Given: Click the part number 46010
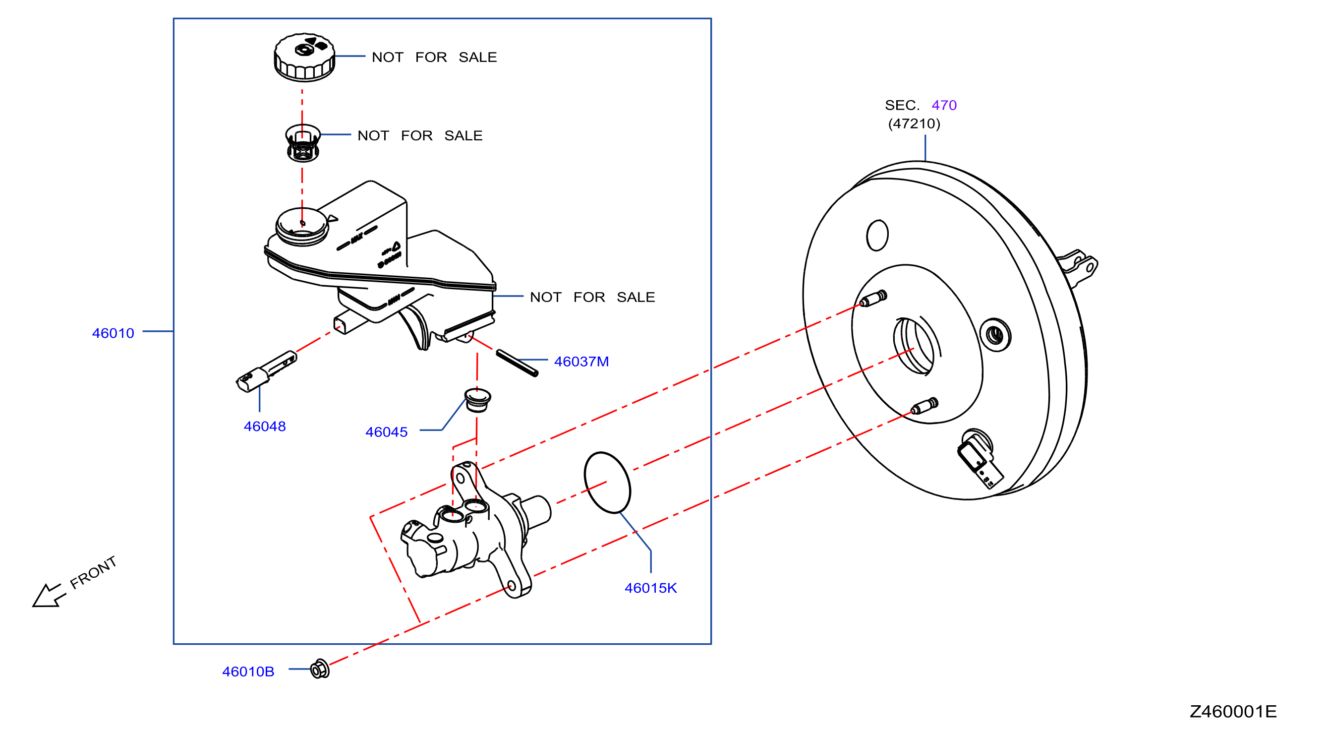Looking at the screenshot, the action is pyautogui.click(x=113, y=333).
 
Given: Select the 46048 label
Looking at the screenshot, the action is pyautogui.click(x=265, y=427).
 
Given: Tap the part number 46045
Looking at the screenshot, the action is pyautogui.click(x=386, y=432).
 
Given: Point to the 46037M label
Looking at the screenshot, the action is pyautogui.click(x=581, y=362).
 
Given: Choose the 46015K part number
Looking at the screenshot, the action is pyautogui.click(x=650, y=588).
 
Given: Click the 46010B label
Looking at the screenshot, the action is pyautogui.click(x=248, y=672).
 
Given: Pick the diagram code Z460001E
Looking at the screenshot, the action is pyautogui.click(x=1233, y=712).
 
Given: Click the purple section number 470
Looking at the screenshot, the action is pyautogui.click(x=944, y=105).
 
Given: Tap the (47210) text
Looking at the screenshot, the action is pyautogui.click(x=914, y=124).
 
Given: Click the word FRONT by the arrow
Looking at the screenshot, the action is pyautogui.click(x=93, y=572).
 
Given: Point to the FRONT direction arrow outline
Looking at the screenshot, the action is pyautogui.click(x=49, y=596).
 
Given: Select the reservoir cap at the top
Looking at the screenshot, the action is pyautogui.click(x=304, y=58).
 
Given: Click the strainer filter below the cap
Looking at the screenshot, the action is pyautogui.click(x=302, y=143).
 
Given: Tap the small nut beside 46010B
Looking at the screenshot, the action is pyautogui.click(x=320, y=669).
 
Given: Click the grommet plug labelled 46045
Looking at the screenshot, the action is pyautogui.click(x=477, y=400).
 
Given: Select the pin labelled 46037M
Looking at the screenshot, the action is pyautogui.click(x=517, y=363).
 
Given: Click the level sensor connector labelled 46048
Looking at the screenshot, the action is pyautogui.click(x=266, y=371).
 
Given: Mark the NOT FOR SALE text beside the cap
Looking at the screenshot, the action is pyautogui.click(x=434, y=57).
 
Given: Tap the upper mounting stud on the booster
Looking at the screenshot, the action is pyautogui.click(x=873, y=299).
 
